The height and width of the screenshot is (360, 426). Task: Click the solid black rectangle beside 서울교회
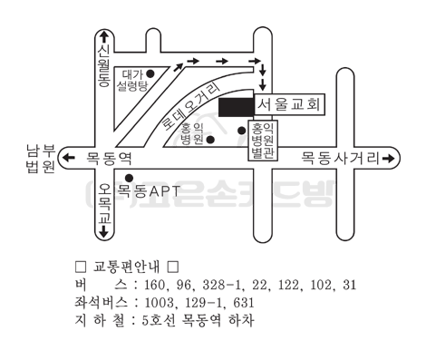(x=236, y=107)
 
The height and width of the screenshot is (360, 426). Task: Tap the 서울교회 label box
(x=289, y=104)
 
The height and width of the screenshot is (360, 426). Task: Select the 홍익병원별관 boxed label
(x=263, y=141)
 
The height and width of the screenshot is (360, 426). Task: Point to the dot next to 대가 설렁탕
(x=150, y=73)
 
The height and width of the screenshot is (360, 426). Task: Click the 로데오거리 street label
(x=191, y=106)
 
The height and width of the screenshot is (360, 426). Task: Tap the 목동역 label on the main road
(x=109, y=158)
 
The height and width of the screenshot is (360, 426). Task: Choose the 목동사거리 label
(x=340, y=158)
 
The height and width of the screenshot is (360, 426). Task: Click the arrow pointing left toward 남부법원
(x=69, y=158)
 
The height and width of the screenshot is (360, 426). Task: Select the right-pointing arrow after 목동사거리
(x=389, y=158)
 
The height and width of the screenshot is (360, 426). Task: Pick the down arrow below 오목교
(x=104, y=231)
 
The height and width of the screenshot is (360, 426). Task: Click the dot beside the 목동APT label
(x=130, y=178)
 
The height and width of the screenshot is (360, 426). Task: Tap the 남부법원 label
(x=41, y=159)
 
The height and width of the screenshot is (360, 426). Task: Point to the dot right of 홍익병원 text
(x=210, y=140)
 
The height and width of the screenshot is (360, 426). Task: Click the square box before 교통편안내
(x=81, y=267)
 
